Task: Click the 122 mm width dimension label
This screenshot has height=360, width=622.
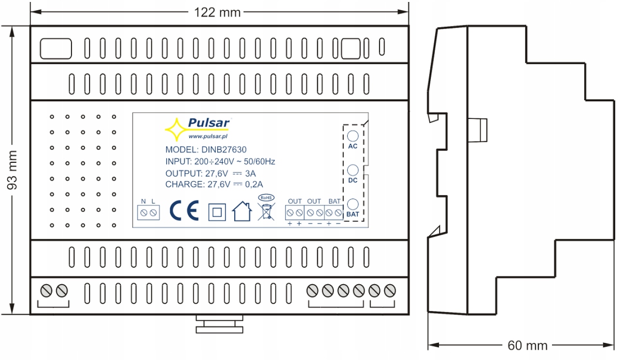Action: pyautogui.click(x=217, y=12)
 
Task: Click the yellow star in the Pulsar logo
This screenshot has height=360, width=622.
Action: pyautogui.click(x=175, y=129)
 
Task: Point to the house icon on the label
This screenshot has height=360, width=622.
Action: pyautogui.click(x=242, y=211)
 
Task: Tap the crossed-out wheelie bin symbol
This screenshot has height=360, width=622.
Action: pyautogui.click(x=266, y=213)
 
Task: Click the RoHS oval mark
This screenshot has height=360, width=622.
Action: pyautogui.click(x=266, y=198)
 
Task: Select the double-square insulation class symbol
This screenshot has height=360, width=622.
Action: pyautogui.click(x=217, y=212)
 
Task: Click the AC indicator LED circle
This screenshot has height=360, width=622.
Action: pyautogui.click(x=353, y=136)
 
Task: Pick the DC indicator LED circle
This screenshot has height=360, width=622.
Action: pyautogui.click(x=353, y=170)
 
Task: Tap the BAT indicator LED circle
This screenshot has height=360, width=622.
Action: pyautogui.click(x=353, y=204)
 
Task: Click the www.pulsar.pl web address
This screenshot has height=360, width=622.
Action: pyautogui.click(x=209, y=137)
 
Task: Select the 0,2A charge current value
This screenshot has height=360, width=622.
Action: pyautogui.click(x=253, y=184)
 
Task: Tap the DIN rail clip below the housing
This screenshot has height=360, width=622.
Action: pyautogui.click(x=219, y=324)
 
